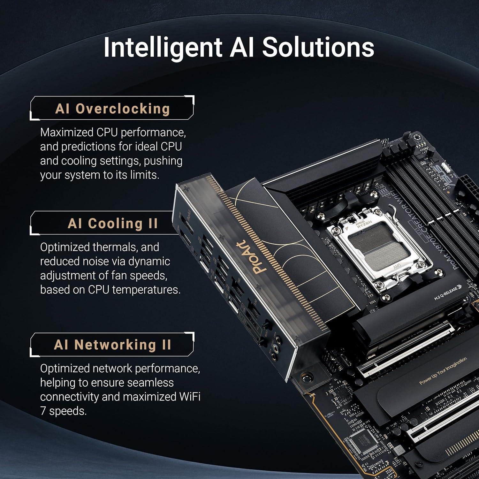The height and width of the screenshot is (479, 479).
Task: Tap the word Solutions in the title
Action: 318,47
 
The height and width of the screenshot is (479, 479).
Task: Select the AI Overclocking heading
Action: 112,109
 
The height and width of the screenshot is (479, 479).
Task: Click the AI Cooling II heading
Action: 113,223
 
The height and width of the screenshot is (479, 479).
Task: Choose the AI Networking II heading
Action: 112,345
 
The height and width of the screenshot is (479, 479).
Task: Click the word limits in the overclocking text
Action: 144,175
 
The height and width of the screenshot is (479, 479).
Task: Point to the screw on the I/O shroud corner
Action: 307,378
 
